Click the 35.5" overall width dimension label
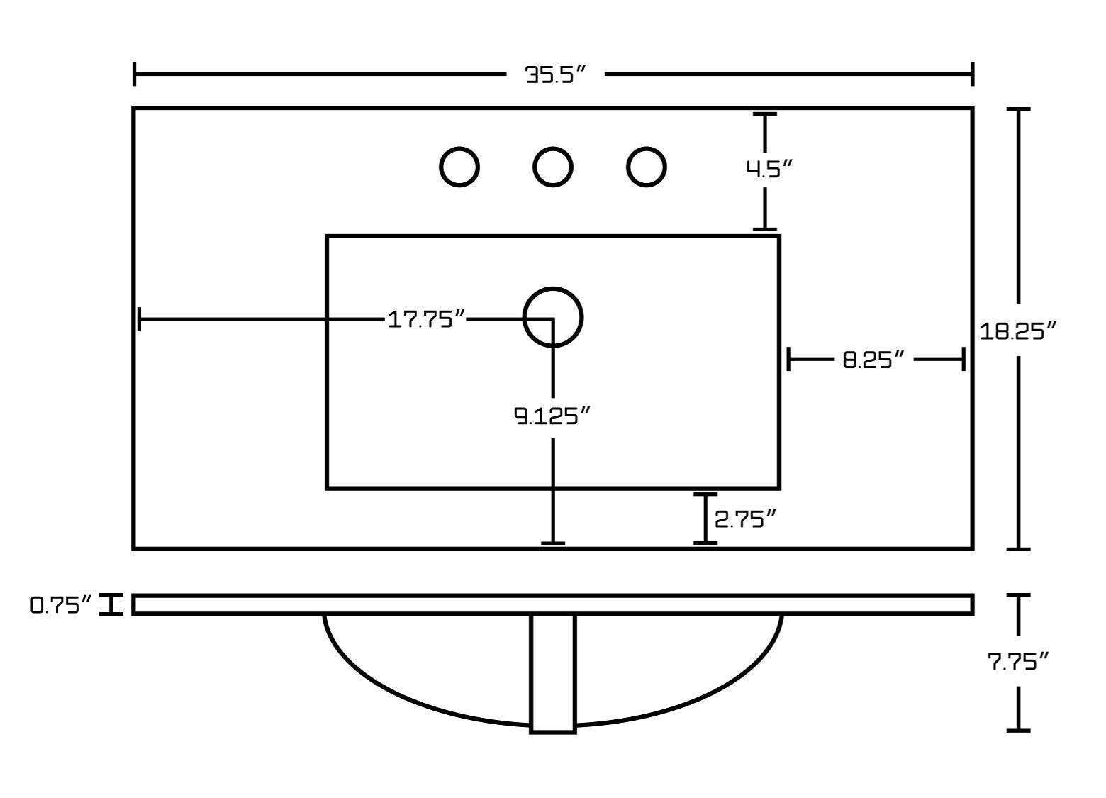pos(556,74)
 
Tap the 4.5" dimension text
pos(768,169)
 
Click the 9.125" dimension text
pos(552,416)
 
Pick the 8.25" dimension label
pos(875,360)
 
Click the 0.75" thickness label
pos(61,605)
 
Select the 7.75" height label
pos(1018,662)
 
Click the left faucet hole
pos(459,167)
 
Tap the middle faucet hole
pos(553,167)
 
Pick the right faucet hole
pos(646,167)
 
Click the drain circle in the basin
pos(553,316)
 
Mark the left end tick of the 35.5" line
pos(135,74)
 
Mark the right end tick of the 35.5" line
pos(972,74)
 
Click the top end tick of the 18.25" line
pos(1019,109)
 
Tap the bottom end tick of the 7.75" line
pos(1019,730)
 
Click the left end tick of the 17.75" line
pos(140,319)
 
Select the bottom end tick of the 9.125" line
pos(553,543)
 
